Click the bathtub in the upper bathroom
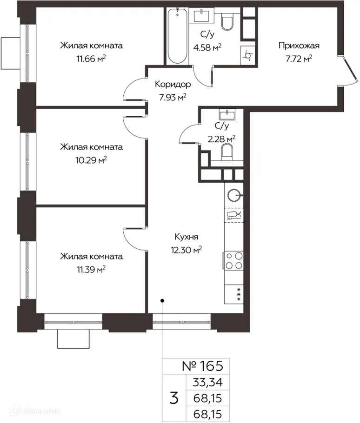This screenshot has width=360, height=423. click(177, 36)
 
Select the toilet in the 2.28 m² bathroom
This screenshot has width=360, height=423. click(227, 152)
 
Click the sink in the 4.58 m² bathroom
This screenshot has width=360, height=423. click(201, 15)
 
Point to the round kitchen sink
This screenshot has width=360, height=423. click(233, 195)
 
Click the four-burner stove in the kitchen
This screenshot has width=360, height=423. click(233, 260)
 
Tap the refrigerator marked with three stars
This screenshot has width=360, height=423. click(233, 294)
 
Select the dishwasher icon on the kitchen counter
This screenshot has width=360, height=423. click(233, 215)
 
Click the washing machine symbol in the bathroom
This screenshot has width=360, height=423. click(247, 56)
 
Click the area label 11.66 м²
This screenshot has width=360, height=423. click(91, 59)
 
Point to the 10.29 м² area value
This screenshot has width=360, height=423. click(91, 160)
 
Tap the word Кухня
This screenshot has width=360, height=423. click(187, 237)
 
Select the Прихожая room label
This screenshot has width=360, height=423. click(299, 46)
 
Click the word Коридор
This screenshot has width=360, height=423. click(173, 84)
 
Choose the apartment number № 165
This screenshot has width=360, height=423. click(203, 366)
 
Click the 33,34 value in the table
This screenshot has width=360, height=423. click(208, 382)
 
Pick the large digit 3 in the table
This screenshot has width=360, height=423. click(174, 398)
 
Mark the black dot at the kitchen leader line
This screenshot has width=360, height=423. click(162, 301)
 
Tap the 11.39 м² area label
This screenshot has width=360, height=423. click(91, 269)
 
